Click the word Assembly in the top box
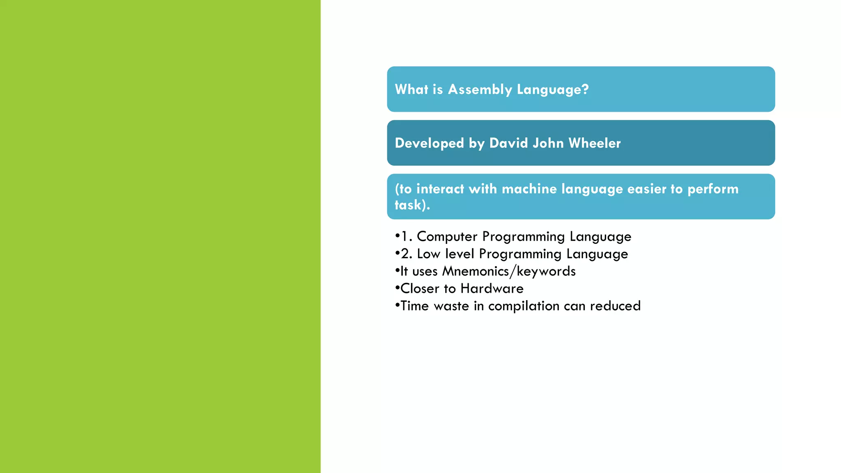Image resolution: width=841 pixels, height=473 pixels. pos(480,90)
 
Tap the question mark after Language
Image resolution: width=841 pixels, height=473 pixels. pos(586,89)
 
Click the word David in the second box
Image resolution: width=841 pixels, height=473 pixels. pos(508,143)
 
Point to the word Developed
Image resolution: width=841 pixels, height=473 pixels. pos(429,143)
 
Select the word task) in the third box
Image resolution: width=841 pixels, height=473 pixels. pos(410,205)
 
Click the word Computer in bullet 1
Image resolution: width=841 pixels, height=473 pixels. pos(447,236)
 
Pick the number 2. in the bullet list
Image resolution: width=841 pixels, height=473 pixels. pos(407,254)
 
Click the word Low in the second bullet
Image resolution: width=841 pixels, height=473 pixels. pos(428,254)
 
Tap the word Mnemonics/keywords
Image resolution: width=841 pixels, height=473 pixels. pos(508,271)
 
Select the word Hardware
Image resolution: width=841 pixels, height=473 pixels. pos(492,289)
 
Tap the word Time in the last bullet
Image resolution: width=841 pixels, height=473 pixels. pos(414,306)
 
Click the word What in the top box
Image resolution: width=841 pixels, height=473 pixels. pos(411,90)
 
